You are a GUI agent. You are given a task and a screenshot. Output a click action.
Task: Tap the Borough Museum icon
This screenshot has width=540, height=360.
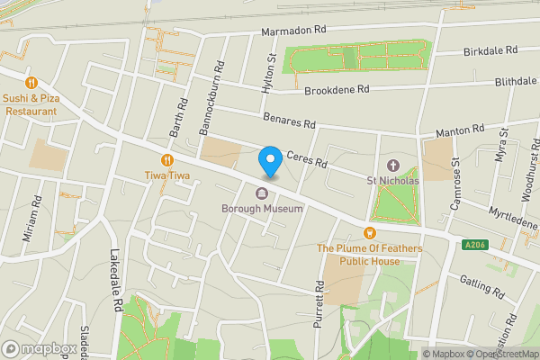click(262, 193)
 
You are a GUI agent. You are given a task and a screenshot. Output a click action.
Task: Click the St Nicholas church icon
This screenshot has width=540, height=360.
click(392, 166)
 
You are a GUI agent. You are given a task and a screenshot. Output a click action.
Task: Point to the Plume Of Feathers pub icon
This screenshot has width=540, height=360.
click(369, 233)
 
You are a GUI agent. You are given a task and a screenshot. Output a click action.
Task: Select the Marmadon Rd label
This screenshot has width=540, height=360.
click(293, 31)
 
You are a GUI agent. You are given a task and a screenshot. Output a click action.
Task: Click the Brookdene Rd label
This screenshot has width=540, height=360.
click(337, 90)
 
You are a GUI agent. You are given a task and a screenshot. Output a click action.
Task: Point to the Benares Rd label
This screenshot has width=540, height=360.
click(289, 121)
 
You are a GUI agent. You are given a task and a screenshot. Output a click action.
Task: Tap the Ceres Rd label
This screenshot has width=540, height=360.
click(304, 158)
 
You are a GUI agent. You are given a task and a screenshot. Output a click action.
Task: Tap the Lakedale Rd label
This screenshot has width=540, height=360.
click(114, 280)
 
